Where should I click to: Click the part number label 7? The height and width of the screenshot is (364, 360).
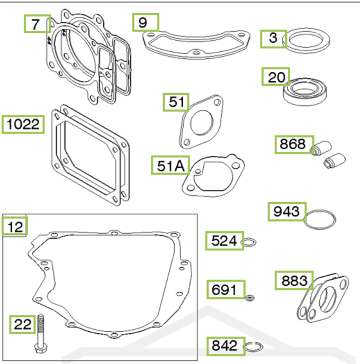point(37,24)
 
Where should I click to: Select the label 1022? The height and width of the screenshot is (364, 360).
point(23,124)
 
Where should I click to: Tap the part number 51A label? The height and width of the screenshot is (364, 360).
point(170,165)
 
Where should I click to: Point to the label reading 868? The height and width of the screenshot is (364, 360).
point(294,144)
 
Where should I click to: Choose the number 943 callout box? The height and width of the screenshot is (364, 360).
point(287,212)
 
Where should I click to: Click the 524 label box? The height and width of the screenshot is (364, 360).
point(224,241)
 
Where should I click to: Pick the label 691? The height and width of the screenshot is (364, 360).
point(226,289)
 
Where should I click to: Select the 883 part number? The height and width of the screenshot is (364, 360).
point(294,280)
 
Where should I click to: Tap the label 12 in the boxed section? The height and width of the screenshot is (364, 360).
point(15,226)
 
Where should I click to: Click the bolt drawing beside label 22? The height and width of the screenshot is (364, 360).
point(41,334)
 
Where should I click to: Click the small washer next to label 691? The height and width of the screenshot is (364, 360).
point(250,297)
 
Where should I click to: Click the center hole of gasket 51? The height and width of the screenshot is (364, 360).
point(202,123)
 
